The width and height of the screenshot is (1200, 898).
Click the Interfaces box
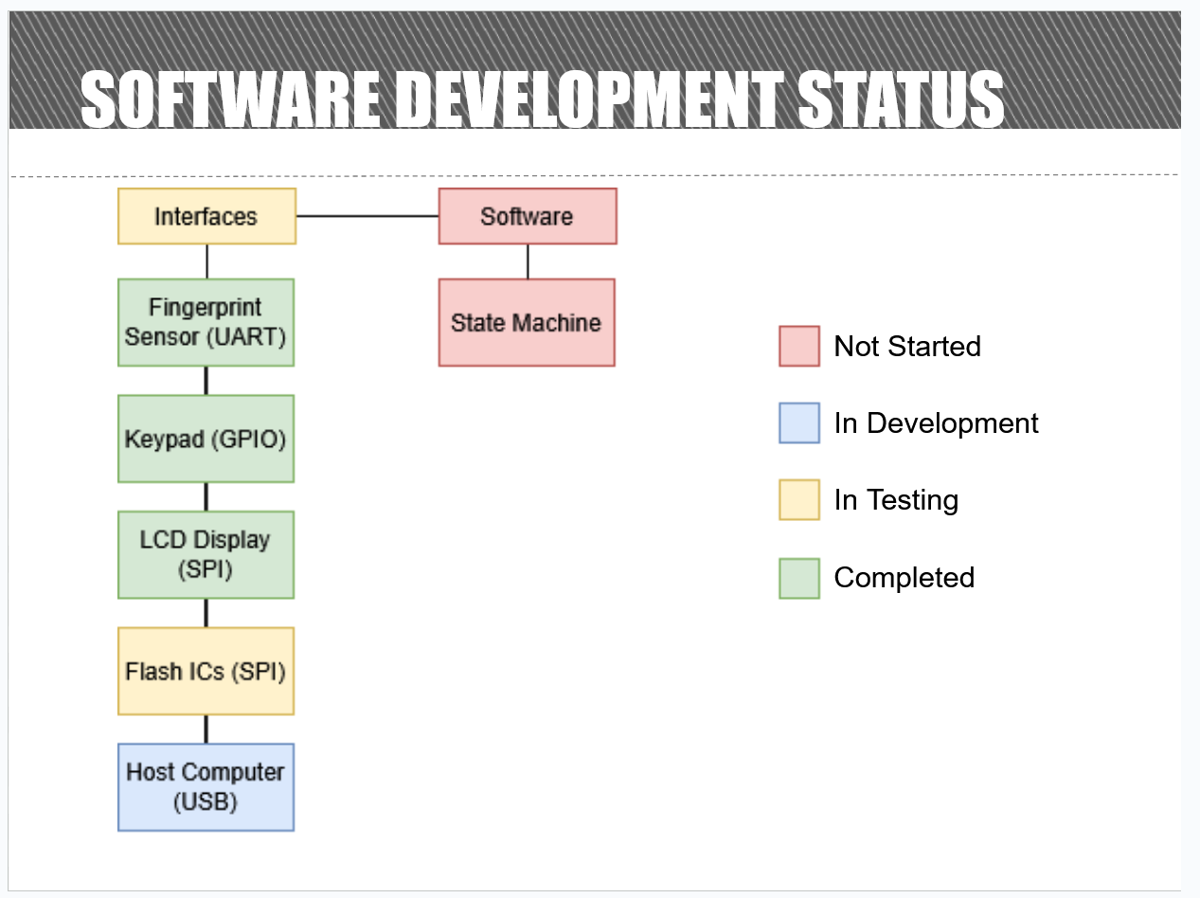tap(206, 216)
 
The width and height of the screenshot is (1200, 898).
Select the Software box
tap(528, 216)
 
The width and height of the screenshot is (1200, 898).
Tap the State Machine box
tap(527, 322)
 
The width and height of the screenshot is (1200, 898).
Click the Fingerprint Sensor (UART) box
tap(206, 322)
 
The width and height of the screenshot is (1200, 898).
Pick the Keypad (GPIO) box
tap(206, 439)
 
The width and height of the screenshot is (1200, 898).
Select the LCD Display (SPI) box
tap(206, 554)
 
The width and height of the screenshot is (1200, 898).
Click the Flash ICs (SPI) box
tap(206, 671)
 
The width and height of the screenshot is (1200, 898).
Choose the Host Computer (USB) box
tap(206, 787)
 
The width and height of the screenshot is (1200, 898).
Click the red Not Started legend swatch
tap(798, 346)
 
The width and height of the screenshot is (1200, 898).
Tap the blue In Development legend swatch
tap(798, 423)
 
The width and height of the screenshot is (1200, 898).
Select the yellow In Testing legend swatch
tap(798, 500)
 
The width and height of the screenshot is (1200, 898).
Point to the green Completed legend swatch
tap(798, 578)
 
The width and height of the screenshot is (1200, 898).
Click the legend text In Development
tap(936, 423)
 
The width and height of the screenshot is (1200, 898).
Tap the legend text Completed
tap(904, 578)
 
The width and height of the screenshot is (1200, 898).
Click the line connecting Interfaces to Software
tap(367, 216)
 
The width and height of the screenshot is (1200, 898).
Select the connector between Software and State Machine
tap(528, 261)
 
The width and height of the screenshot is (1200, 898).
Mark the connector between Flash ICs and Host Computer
tap(206, 729)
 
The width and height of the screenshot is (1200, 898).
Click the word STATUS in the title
tap(901, 99)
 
